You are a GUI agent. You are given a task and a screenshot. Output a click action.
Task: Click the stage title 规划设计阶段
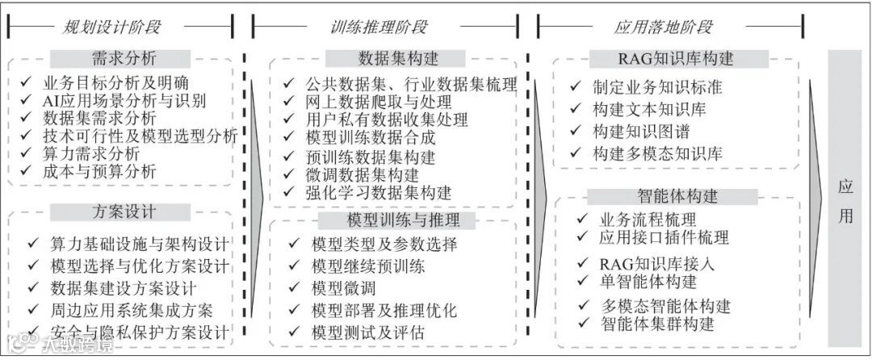[112, 27]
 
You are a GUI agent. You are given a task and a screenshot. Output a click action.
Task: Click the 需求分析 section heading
[119, 59]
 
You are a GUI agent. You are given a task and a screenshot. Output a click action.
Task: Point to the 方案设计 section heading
[119, 212]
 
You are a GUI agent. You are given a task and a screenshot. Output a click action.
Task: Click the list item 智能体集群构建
[658, 324]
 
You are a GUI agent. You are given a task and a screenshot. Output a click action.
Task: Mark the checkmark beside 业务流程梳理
[582, 219]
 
